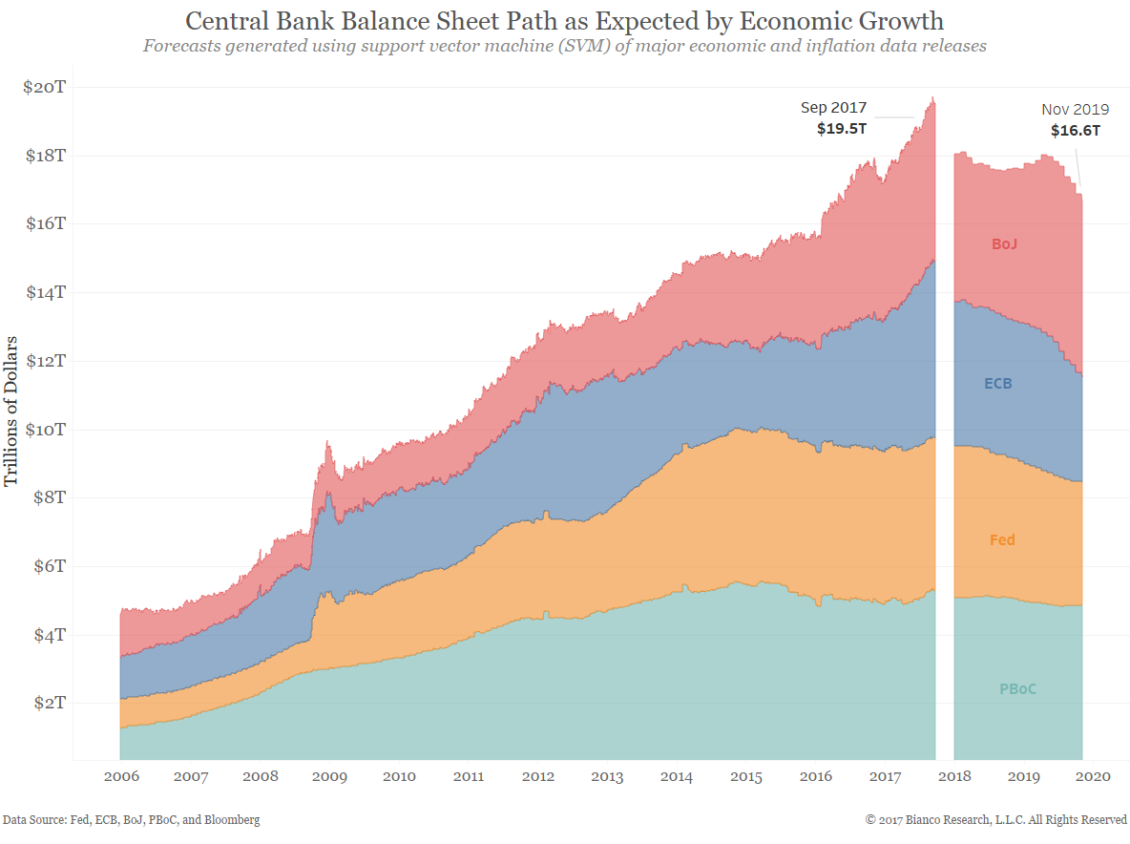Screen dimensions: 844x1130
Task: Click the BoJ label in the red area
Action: click(1004, 244)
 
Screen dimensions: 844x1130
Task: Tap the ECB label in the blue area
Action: click(998, 384)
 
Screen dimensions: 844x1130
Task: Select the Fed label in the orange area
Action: click(1002, 540)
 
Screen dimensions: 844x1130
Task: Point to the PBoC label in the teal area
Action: click(1017, 688)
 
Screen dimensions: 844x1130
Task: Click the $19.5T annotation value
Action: click(841, 129)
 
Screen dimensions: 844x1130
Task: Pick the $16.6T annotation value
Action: click(1076, 131)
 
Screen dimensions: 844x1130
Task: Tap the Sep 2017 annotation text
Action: click(833, 109)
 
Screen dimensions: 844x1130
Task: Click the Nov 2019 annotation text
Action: click(1074, 110)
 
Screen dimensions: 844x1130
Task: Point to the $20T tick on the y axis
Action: click(44, 87)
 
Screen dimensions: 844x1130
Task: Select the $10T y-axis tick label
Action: click(44, 430)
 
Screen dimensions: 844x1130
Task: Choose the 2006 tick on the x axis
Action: click(121, 776)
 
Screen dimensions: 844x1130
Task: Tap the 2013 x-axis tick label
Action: click(607, 776)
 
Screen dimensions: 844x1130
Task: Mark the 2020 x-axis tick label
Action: click(1093, 776)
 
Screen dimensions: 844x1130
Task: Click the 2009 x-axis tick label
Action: click(329, 776)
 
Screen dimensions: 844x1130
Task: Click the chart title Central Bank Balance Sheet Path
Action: click(564, 21)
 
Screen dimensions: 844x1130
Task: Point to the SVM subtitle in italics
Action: click(564, 46)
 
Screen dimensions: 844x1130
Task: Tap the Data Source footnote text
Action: click(131, 820)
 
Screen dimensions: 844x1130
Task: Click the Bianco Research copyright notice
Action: click(996, 820)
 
